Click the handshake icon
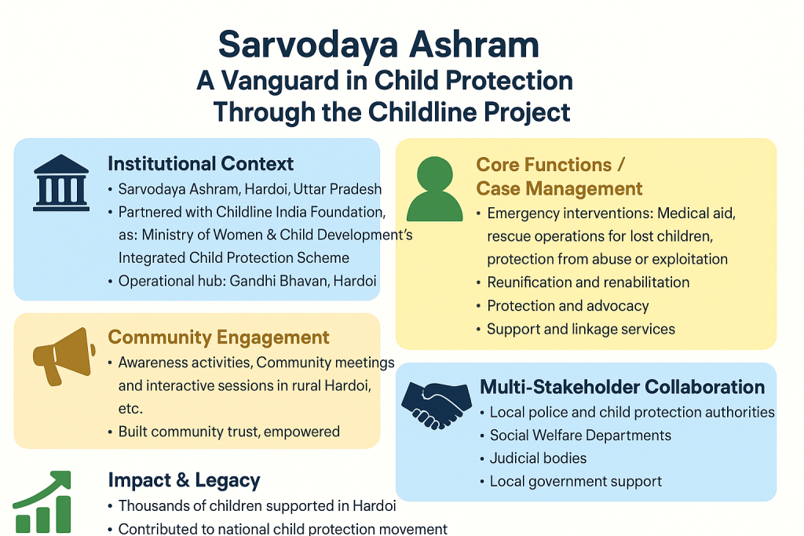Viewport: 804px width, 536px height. tap(432, 402)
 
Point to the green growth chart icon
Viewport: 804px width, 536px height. tap(43, 502)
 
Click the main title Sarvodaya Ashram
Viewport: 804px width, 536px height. tap(378, 45)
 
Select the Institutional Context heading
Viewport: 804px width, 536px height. tap(200, 164)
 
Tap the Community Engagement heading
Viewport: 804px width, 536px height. tap(218, 337)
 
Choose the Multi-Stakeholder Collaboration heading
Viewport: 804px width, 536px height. tap(622, 387)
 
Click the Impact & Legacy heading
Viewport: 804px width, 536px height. tap(184, 480)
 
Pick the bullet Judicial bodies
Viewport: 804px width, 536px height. tap(538, 458)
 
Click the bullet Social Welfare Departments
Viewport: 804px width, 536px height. tap(580, 435)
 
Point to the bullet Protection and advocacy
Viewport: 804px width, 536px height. tap(568, 306)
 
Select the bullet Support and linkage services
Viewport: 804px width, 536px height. tap(581, 329)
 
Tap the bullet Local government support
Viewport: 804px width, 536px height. tap(576, 481)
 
